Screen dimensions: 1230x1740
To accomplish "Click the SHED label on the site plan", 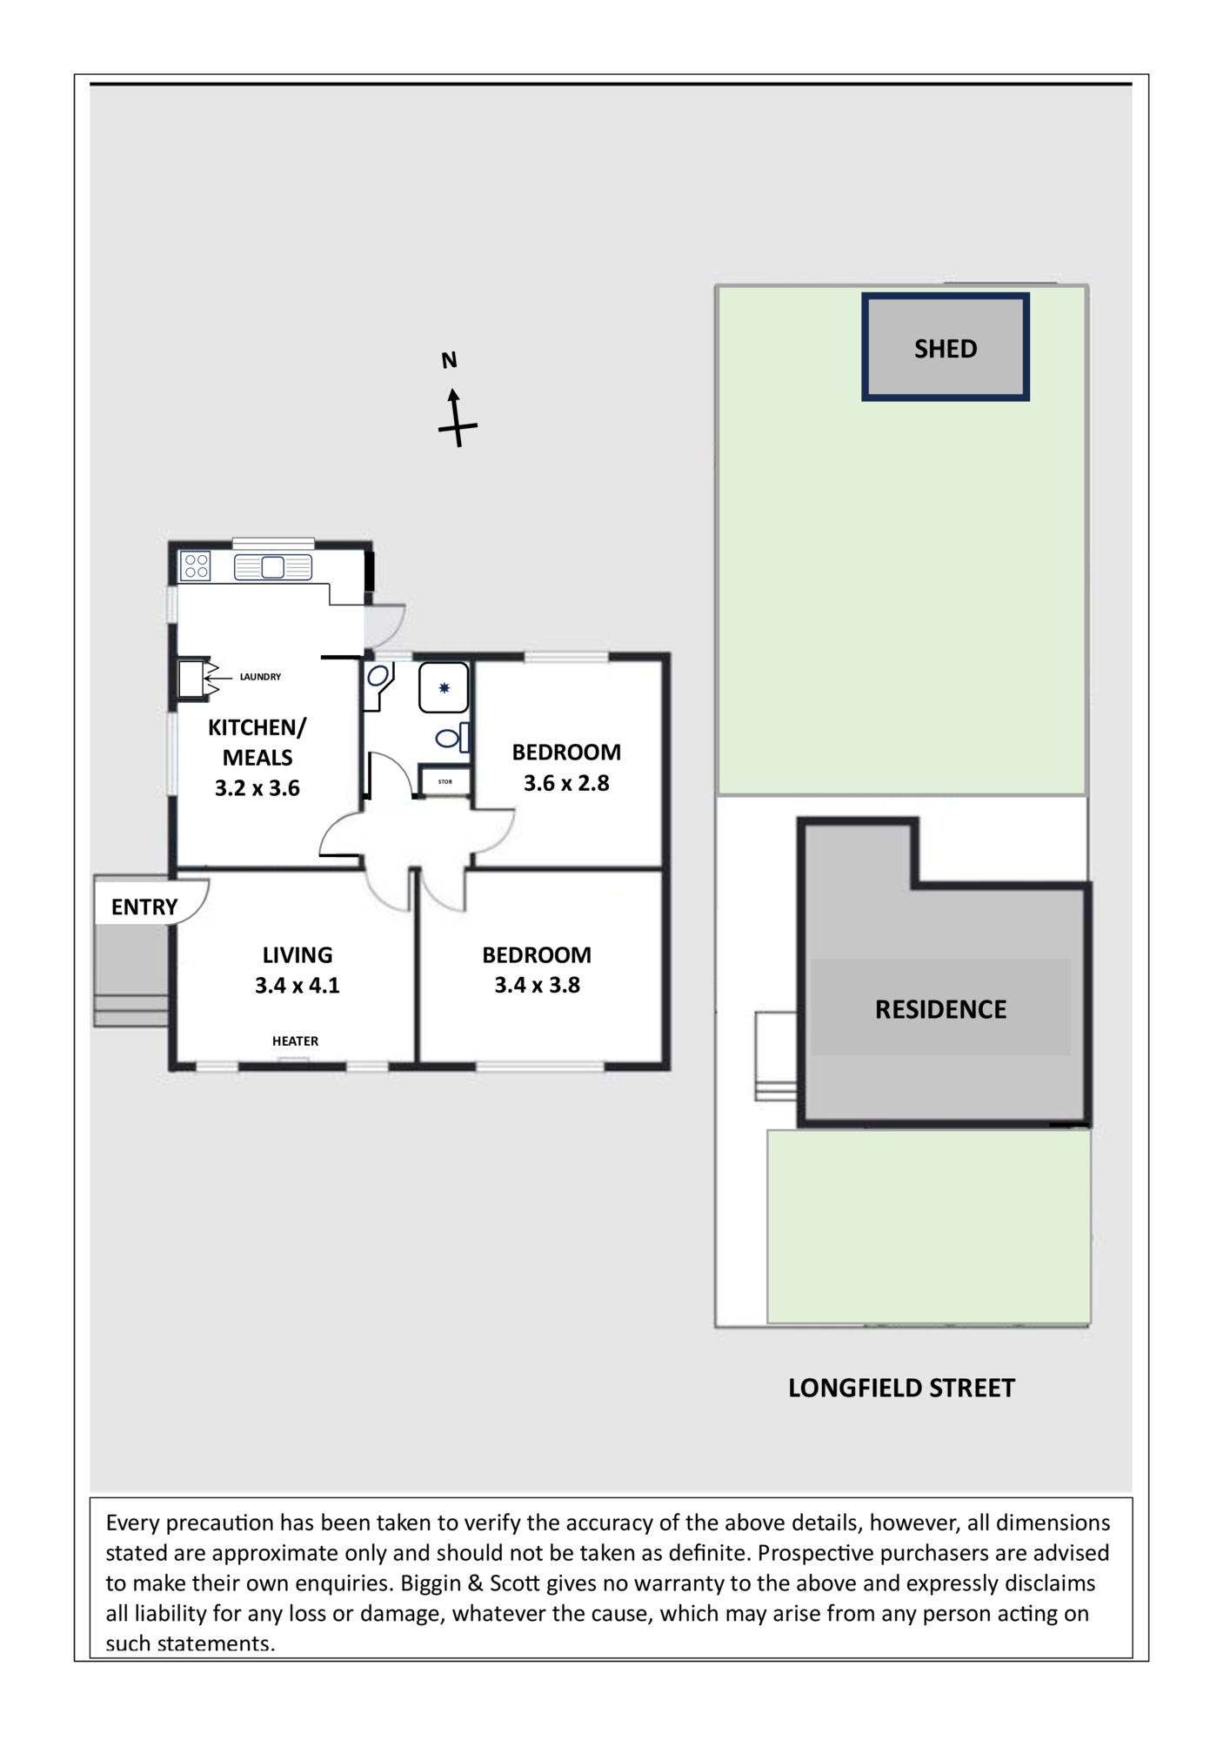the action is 946,349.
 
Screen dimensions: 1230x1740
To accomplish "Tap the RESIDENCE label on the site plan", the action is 940,1009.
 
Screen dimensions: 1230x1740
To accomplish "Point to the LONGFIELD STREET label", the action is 901,1388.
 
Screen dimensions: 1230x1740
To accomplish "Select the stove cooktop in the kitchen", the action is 195,566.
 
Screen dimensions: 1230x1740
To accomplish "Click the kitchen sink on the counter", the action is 273,567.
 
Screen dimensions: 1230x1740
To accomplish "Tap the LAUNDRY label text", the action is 260,677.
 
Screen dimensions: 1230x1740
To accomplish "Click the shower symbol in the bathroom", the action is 444,688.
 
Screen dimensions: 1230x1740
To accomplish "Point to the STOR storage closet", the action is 445,781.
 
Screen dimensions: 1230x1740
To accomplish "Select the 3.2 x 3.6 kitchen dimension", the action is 257,788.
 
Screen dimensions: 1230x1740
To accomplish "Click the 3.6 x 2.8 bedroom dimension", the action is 566,783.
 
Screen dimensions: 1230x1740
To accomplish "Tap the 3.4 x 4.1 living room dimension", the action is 297,986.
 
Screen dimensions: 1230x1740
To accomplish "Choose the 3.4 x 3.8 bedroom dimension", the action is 537,986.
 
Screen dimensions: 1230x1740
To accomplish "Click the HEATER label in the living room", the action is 295,1041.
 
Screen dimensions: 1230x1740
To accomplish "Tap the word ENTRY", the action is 144,907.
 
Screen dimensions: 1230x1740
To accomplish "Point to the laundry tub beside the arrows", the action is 191,679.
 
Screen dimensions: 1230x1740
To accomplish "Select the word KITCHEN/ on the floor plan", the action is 257,727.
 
